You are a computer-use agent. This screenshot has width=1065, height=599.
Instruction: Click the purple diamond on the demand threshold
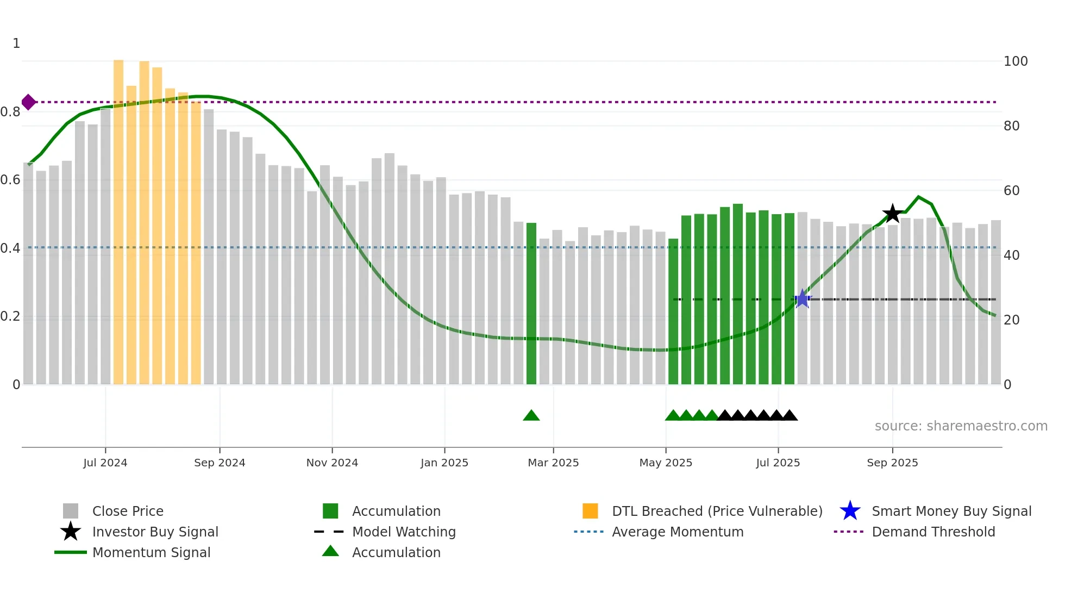29,102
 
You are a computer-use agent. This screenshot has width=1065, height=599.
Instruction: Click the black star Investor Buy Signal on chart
892,214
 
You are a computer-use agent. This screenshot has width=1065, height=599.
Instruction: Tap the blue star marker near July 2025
803,299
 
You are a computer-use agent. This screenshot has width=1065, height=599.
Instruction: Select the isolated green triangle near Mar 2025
531,416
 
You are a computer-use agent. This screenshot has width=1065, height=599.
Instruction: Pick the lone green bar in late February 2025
531,304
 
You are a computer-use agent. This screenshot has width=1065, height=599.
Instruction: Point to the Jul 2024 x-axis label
105,463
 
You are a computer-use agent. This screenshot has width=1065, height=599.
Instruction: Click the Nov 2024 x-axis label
332,463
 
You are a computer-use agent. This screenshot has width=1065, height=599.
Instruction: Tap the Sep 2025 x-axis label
892,463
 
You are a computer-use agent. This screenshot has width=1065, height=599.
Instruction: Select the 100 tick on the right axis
1015,61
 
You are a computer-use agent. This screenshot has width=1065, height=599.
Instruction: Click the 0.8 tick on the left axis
11,112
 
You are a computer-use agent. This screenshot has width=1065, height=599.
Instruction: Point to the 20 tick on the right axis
1011,320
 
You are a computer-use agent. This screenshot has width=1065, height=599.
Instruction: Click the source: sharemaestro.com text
961,426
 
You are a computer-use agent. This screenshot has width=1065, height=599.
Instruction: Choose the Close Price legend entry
128,511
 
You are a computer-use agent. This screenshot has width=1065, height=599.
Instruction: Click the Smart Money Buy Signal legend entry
951,511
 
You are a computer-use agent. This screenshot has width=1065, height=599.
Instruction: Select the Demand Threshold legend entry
933,532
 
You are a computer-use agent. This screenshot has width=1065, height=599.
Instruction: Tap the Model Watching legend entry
404,532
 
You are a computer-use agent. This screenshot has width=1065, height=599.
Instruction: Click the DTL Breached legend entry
717,511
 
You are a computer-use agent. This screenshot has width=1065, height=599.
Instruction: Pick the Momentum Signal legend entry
151,553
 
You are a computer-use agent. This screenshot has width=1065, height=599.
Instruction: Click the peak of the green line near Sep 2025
919,197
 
